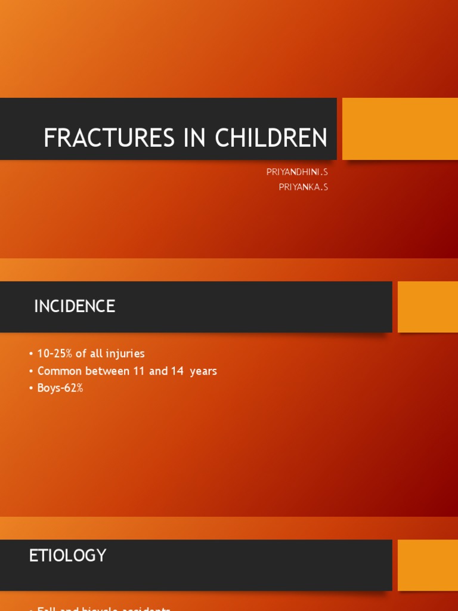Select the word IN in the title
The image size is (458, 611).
191,138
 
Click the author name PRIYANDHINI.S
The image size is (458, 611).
297,172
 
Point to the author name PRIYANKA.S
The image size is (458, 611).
303,187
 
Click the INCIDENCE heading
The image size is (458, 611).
75,307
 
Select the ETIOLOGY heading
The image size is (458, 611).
67,556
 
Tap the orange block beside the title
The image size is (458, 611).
400,129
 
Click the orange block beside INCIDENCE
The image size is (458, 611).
428,307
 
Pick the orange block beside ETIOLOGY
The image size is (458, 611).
428,565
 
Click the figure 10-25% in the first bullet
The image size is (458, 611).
55,354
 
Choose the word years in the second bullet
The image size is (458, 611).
203,371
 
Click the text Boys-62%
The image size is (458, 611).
60,388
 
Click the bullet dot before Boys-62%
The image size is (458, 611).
31,388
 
